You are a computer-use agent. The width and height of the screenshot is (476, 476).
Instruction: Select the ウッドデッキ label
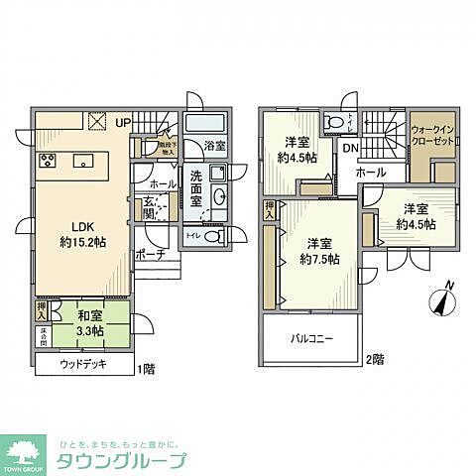point(83,366)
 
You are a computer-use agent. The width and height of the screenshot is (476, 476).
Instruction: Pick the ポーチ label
point(151,254)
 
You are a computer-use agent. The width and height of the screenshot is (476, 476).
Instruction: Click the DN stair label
point(350,150)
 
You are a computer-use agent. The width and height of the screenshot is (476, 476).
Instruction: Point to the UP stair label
point(123,122)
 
